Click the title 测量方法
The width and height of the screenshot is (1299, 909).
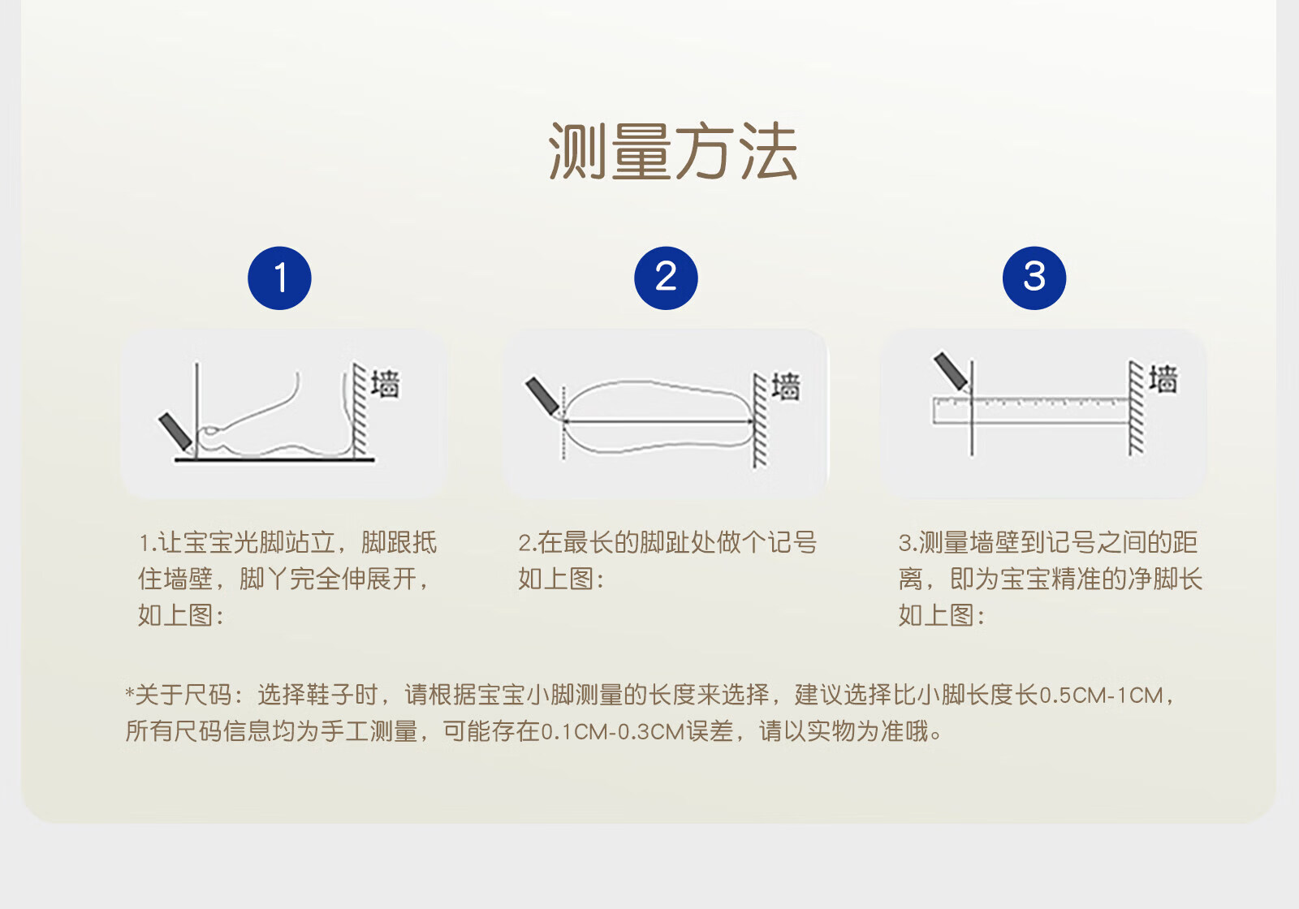pos(673,151)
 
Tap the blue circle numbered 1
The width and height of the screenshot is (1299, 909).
pos(279,278)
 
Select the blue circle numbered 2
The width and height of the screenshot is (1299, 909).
pos(666,278)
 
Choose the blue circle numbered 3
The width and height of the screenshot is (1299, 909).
pos(1034,278)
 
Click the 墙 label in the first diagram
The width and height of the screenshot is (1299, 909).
pos(386,384)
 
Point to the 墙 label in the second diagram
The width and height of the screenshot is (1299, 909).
pos(786,386)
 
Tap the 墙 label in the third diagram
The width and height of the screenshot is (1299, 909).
pos(1163,379)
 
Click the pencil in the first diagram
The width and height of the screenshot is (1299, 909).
pos(175,432)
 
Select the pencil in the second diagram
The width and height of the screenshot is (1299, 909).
pos(543,398)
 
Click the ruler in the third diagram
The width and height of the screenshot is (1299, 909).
pos(1030,411)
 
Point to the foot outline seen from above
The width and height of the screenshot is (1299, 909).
pos(658,416)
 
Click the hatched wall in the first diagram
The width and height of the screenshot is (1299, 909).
pos(360,409)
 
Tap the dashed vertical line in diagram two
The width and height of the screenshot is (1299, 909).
pos(563,423)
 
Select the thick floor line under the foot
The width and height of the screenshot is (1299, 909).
pos(275,460)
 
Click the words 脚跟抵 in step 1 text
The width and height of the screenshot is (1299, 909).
pos(399,543)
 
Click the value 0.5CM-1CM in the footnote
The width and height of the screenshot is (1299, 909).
pos(1101,695)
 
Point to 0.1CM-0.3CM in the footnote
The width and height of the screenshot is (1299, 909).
pos(613,731)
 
